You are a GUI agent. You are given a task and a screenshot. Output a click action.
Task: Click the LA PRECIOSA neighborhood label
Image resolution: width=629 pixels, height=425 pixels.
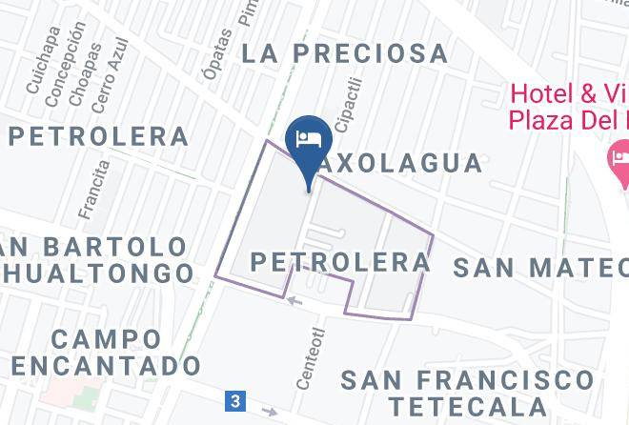pyautogui.click(x=344, y=52)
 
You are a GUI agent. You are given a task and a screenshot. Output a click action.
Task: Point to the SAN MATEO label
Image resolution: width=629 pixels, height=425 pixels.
pyautogui.click(x=539, y=267)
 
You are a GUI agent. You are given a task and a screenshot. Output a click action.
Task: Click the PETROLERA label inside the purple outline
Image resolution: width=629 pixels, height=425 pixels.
pyautogui.click(x=341, y=261)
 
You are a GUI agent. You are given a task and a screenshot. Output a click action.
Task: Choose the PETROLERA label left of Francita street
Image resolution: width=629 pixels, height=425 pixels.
pyautogui.click(x=98, y=136)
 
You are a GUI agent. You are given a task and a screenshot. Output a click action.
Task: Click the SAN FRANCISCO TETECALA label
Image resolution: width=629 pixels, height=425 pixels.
pyautogui.click(x=466, y=393)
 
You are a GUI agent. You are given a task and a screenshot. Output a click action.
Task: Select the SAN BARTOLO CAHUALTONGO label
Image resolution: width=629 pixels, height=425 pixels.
pyautogui.click(x=95, y=260)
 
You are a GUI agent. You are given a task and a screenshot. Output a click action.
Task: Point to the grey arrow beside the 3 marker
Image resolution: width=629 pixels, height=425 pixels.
pyautogui.click(x=271, y=412)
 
